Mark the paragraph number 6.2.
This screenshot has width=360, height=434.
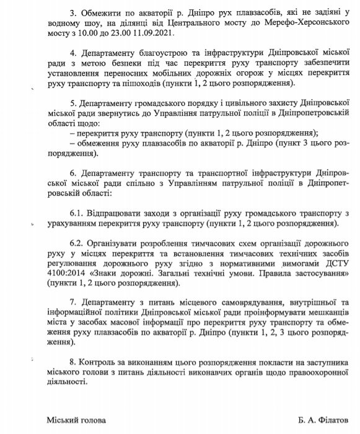tap(62, 242)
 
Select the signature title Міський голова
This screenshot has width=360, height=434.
tap(76, 419)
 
